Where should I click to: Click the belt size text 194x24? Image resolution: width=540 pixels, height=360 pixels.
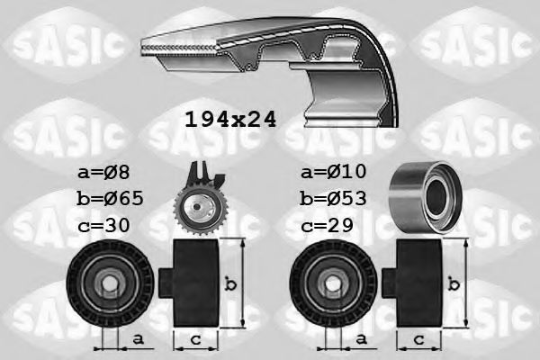coord(229,119)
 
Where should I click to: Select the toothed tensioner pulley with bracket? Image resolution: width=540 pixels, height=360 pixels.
coord(199,202)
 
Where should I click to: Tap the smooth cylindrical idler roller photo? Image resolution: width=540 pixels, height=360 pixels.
coord(422,196)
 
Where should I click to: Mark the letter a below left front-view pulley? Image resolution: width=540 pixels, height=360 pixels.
coord(137,338)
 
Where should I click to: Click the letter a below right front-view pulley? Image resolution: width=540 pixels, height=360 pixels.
coord(360,338)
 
